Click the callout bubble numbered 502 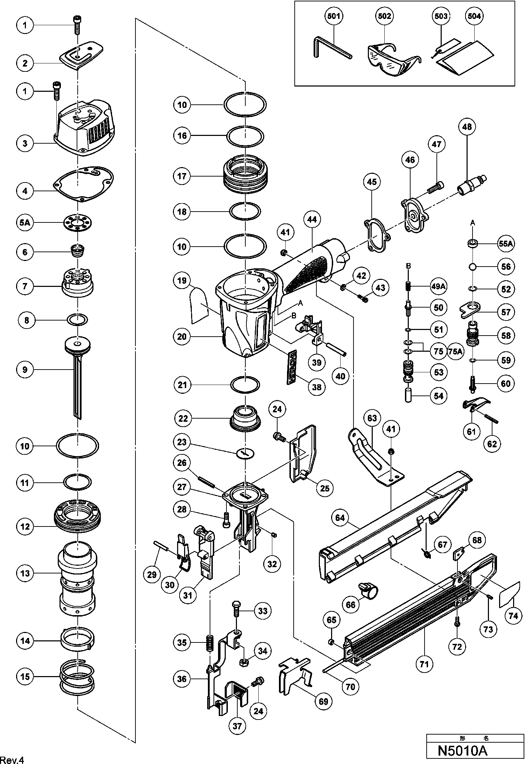point(384,16)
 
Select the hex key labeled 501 point(329,49)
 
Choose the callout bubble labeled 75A point(455,351)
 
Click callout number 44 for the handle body point(312,219)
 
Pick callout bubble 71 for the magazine point(424,664)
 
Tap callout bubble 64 point(340,517)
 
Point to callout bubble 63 point(372,418)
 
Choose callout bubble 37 point(237,726)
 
